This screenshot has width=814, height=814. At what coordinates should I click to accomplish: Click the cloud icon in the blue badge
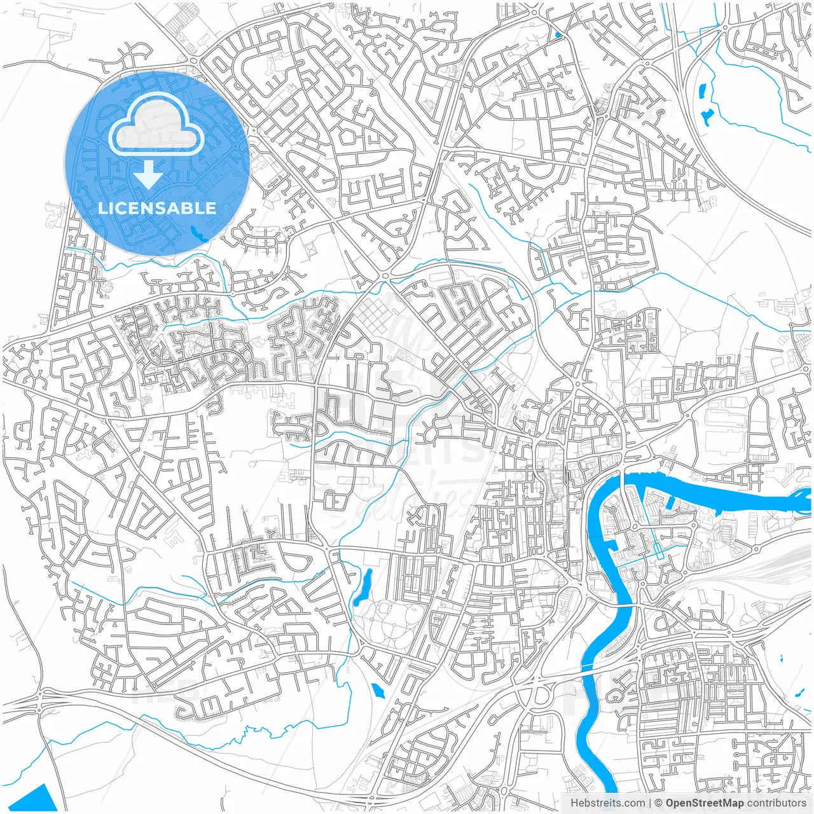[156, 127]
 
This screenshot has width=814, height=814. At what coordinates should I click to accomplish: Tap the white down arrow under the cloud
[149, 175]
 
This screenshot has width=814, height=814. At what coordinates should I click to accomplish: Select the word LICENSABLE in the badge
[156, 208]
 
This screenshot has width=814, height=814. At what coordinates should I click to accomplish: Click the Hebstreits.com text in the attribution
[607, 803]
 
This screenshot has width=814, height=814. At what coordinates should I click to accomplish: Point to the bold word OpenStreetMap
[704, 803]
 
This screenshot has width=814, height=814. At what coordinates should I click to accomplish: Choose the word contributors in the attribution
[776, 803]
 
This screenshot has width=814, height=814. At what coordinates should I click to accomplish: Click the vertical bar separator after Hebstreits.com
[649, 803]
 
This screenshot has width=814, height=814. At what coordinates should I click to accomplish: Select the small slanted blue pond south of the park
[378, 691]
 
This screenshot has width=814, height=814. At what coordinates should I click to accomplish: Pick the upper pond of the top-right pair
[703, 91]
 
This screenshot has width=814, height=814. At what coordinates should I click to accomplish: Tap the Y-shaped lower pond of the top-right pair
[707, 116]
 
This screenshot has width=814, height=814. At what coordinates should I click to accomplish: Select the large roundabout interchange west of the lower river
[541, 697]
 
